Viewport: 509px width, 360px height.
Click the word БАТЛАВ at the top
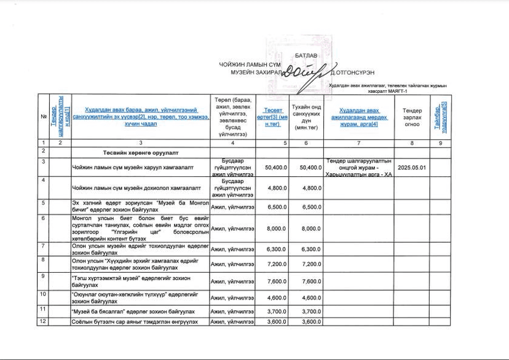click(x=306, y=55)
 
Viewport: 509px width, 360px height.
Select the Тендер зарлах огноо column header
click(x=412, y=117)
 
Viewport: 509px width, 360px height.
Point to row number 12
click(x=43, y=321)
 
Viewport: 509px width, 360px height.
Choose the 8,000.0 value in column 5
click(x=276, y=229)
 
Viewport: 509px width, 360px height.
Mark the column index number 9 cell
click(x=440, y=143)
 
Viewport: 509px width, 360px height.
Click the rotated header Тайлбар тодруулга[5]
click(x=440, y=116)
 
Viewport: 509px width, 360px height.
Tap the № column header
click(x=43, y=117)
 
